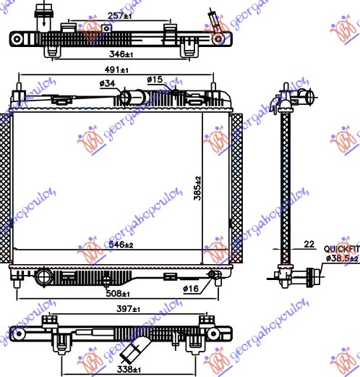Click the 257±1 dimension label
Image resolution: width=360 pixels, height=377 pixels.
click(120, 15)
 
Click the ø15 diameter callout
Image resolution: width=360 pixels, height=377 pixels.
click(154, 79)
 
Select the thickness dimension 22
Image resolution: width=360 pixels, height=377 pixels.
click(309, 245)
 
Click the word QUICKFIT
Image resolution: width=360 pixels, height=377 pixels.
click(340, 248)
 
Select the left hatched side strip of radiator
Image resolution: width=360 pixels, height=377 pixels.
click(9, 188)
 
